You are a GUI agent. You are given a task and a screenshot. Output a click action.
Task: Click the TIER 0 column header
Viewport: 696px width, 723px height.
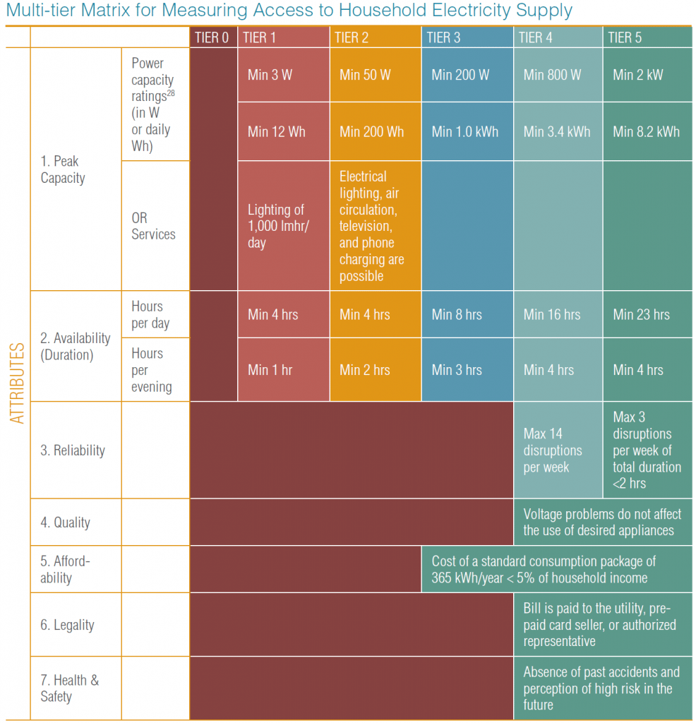[212, 37]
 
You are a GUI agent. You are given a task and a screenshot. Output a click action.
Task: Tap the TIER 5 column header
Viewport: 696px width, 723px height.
[624, 37]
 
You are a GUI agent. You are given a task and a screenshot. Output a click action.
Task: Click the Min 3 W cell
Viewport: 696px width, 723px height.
[270, 75]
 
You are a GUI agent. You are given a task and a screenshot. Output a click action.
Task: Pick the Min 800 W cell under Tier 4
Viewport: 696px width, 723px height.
[551, 75]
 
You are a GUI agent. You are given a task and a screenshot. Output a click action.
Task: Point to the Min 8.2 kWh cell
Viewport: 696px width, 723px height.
[646, 131]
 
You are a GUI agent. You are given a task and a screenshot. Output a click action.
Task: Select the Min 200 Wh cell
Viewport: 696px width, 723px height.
[371, 131]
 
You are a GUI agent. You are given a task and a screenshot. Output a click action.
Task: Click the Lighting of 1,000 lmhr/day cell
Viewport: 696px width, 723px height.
[276, 226]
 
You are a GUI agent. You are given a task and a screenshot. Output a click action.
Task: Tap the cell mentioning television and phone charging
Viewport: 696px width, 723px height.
[371, 226]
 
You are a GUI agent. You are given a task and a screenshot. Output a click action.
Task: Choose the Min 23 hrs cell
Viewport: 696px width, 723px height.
[641, 314]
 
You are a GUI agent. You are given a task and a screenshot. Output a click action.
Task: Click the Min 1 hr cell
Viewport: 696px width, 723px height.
[270, 369]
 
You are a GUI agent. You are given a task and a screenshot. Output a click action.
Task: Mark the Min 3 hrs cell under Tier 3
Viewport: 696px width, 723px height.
[457, 369]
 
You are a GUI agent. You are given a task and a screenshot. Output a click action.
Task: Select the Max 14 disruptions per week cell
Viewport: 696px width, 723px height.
[553, 450]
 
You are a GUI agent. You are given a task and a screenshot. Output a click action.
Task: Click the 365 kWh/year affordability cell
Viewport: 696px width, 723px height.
[544, 569]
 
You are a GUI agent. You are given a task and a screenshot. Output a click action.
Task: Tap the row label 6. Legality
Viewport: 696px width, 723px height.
[67, 625]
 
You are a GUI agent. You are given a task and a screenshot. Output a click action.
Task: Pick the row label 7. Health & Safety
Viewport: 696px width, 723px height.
[69, 688]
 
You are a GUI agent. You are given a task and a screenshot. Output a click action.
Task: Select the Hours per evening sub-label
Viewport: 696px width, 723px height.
[151, 370]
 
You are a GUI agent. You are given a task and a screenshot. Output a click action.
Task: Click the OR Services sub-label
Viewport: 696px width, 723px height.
[153, 226]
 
